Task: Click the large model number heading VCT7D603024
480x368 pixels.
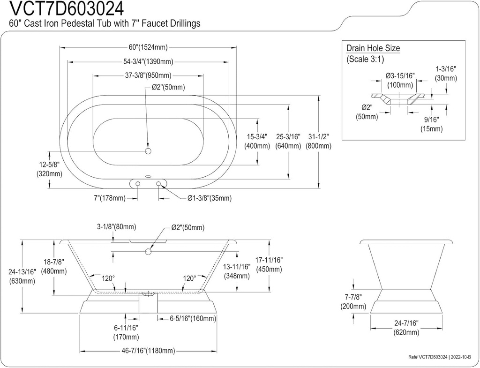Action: (x=64, y=8)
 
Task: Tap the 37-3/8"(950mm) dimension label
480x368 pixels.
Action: (x=149, y=75)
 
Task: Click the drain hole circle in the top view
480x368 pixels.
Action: (x=148, y=151)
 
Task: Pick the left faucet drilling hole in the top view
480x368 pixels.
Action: (x=138, y=183)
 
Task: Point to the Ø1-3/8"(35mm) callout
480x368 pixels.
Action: (x=209, y=198)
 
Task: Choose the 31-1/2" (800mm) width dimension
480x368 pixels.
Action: (x=318, y=141)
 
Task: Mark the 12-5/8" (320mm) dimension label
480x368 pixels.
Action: (x=49, y=169)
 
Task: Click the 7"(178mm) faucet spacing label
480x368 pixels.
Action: (x=109, y=198)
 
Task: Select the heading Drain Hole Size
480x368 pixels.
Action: (x=373, y=48)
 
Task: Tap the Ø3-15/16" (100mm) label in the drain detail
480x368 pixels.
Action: (x=400, y=80)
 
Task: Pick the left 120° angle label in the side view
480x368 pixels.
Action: (x=108, y=278)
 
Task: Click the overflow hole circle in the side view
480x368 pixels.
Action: (x=148, y=252)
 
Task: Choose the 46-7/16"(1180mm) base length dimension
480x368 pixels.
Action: (x=148, y=351)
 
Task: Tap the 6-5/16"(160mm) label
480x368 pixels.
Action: (x=193, y=319)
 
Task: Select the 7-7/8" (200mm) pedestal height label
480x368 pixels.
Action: (x=353, y=302)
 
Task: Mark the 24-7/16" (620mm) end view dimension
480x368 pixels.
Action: (x=406, y=328)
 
